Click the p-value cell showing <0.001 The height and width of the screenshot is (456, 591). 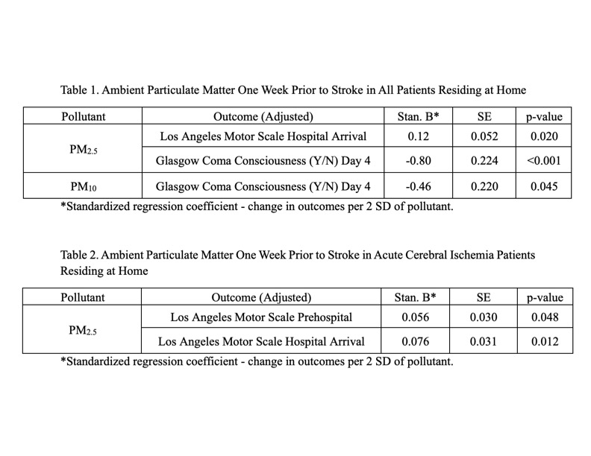(544, 161)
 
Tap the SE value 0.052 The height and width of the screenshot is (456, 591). (484, 137)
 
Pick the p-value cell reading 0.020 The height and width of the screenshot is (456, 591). (544, 137)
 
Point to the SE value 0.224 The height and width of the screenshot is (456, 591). (484, 161)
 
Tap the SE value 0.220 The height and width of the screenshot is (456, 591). (484, 186)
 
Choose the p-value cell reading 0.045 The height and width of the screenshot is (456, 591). (544, 186)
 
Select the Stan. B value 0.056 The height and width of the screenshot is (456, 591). (415, 317)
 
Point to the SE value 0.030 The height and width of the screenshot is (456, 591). (484, 317)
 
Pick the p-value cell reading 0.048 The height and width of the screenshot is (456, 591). (544, 317)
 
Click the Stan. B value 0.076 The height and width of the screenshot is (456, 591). (415, 341)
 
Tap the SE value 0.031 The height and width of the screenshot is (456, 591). (484, 341)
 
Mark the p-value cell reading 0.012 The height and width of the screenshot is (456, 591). (544, 341)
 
